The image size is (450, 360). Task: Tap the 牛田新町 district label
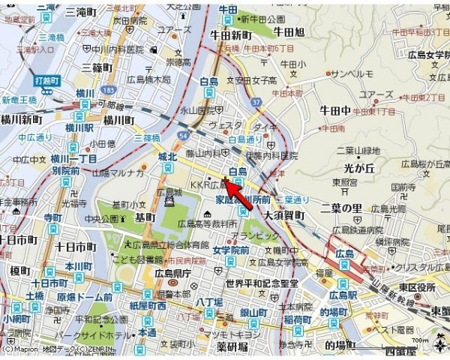click(229, 34)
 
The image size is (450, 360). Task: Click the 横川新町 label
click(21, 120)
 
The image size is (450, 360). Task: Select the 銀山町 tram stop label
click(253, 312)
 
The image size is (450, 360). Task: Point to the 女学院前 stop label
click(230, 250)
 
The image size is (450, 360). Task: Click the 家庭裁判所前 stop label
click(243, 200)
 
